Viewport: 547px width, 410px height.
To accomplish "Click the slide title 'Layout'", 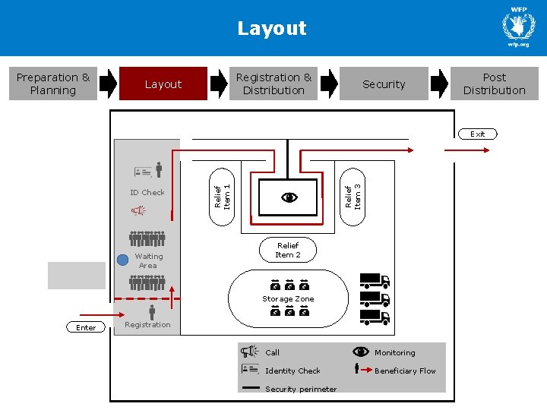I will tap(272, 29).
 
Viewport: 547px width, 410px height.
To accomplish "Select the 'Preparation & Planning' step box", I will tap(53, 84).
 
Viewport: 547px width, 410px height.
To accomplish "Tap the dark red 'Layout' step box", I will tap(163, 84).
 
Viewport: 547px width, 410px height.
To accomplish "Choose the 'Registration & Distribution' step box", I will tap(273, 84).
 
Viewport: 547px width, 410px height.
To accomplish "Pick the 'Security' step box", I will tap(384, 84).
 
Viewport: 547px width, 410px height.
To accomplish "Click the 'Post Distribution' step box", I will tap(494, 84).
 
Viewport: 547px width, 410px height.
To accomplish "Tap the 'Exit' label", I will tap(477, 134).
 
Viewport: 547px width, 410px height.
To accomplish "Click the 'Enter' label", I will tap(86, 327).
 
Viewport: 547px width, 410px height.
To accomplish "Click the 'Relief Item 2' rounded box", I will tap(288, 251).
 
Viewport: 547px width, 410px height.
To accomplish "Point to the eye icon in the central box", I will tap(289, 197).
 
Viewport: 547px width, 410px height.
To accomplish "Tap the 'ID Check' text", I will tap(147, 192).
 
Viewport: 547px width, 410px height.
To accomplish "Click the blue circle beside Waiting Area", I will tap(123, 259).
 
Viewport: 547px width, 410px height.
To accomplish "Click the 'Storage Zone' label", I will tap(288, 299).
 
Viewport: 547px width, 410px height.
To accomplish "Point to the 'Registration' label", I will tap(147, 325).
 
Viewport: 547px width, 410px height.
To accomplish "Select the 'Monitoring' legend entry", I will tap(394, 352).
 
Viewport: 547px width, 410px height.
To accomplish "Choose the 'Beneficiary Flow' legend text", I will tap(405, 371).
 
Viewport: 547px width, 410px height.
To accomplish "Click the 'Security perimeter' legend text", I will tap(301, 389).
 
